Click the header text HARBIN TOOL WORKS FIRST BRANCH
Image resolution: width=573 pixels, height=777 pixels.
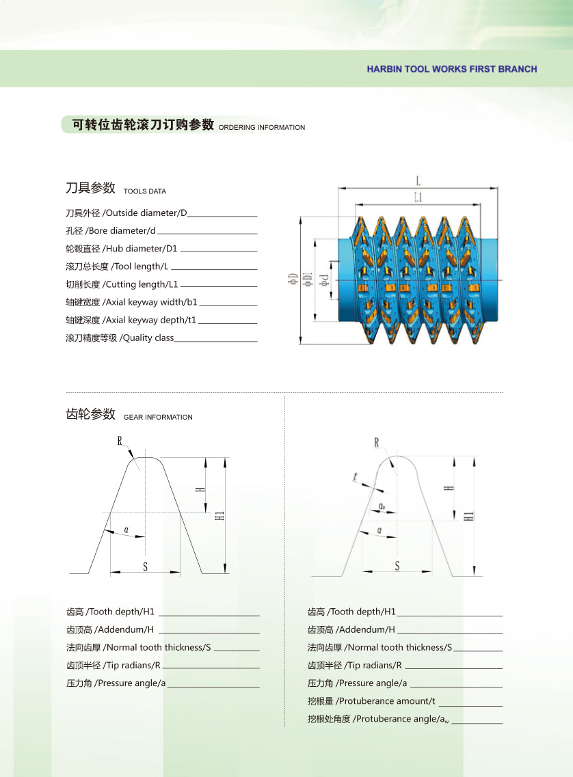click(x=451, y=69)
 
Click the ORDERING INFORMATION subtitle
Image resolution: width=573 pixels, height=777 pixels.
click(x=262, y=128)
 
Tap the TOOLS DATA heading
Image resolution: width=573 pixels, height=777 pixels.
click(x=144, y=191)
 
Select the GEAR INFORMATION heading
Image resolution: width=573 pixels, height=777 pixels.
click(x=158, y=417)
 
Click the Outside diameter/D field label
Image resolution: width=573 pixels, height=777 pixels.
click(x=126, y=213)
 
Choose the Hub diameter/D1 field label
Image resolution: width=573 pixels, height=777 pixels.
click(x=122, y=249)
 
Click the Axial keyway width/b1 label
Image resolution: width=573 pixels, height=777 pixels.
click(x=131, y=302)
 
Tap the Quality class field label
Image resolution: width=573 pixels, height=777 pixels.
click(x=120, y=338)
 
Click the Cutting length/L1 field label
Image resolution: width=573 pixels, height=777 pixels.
click(x=122, y=284)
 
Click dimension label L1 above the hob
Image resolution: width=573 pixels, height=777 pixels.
click(x=418, y=197)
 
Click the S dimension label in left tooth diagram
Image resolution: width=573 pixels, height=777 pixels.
click(x=145, y=567)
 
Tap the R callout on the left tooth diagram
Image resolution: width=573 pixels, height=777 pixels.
click(x=120, y=441)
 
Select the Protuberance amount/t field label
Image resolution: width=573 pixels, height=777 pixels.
click(x=371, y=701)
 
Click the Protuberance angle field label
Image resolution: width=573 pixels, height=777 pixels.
click(x=378, y=719)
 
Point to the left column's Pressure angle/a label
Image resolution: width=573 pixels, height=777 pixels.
click(x=116, y=683)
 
